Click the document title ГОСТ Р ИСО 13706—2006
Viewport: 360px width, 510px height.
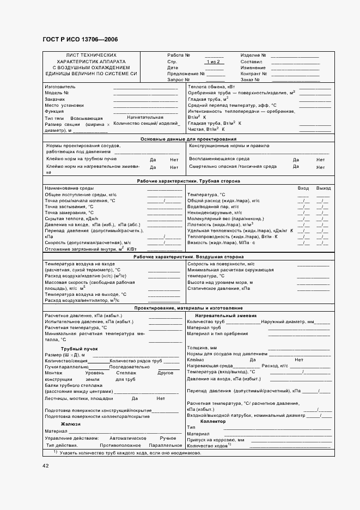pyautogui.click(x=80, y=40)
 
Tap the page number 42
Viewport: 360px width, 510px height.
pyautogui.click(x=45, y=465)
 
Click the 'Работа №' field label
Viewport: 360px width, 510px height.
pyautogui.click(x=179, y=56)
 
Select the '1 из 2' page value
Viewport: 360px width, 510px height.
pyautogui.click(x=213, y=62)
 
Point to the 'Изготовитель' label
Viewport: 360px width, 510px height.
pyautogui.click(x=60, y=87)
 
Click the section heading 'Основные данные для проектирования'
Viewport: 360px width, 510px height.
pyautogui.click(x=187, y=139)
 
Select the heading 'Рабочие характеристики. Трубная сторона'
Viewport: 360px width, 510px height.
pyautogui.click(x=188, y=181)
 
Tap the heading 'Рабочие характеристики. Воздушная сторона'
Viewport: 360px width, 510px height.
pyautogui.click(x=188, y=257)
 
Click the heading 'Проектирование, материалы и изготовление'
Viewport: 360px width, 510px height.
pyautogui.click(x=188, y=308)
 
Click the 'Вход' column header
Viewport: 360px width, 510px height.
pyautogui.click(x=303, y=188)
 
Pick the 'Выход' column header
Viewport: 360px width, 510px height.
pyautogui.click(x=324, y=188)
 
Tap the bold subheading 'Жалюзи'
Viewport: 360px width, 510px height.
pyautogui.click(x=71, y=423)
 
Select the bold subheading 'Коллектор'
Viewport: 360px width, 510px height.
pyautogui.click(x=213, y=421)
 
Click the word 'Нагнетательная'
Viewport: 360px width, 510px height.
pyautogui.click(x=145, y=117)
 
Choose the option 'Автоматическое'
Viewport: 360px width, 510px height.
pyautogui.click(x=128, y=438)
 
